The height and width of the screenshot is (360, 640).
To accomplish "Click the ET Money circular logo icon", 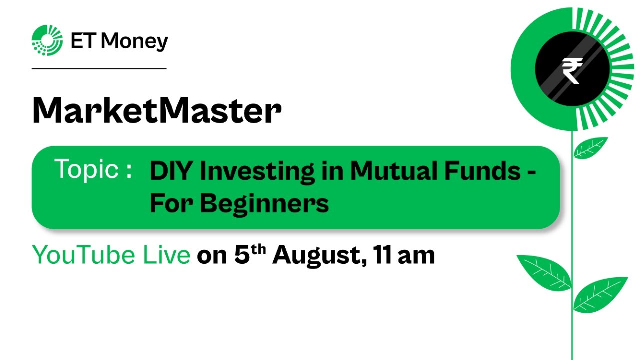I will point(47,40).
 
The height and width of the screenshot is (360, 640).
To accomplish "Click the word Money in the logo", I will point(134,41).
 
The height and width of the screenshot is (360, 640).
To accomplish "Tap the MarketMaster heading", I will point(156,111).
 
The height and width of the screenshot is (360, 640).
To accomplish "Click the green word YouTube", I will point(84,256).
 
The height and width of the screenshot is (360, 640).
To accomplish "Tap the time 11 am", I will point(404,255).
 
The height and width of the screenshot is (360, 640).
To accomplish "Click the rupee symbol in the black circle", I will point(572,70).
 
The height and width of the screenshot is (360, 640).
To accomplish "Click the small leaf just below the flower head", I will point(591,147).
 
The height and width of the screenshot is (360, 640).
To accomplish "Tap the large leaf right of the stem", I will point(600,294).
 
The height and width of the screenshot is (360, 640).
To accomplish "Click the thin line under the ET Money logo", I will point(99,68).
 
